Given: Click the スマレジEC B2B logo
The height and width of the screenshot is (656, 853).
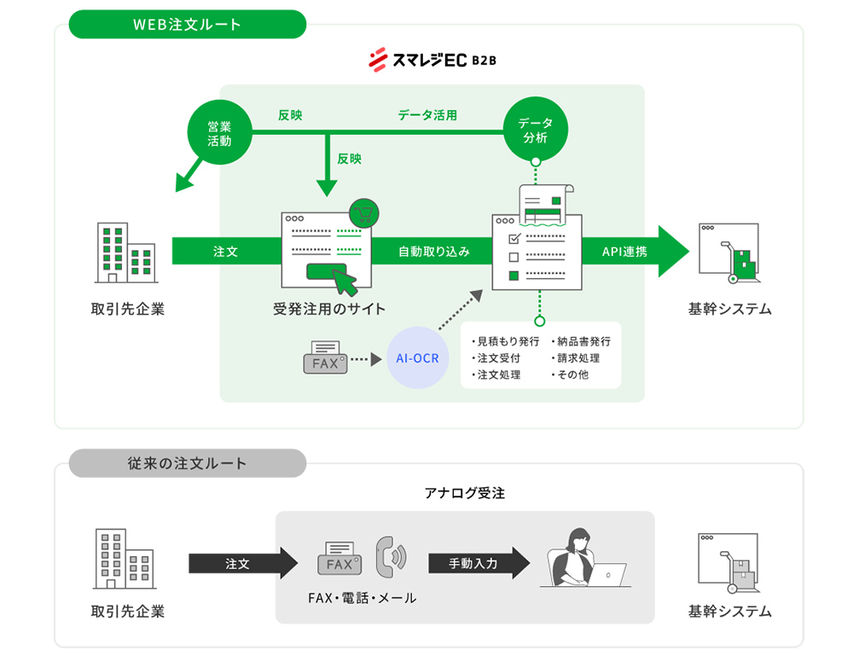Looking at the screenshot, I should tap(432, 61).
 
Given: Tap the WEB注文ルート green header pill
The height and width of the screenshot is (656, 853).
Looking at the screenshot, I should tap(188, 25).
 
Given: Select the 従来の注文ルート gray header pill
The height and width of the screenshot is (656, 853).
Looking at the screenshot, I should tap(188, 463).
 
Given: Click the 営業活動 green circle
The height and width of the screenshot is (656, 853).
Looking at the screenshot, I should tap(219, 134).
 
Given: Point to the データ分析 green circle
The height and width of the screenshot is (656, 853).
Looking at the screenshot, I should tap(535, 131).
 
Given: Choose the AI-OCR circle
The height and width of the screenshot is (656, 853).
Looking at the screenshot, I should tap(418, 358).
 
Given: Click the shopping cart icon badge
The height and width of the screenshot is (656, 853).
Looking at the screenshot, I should tap(364, 212).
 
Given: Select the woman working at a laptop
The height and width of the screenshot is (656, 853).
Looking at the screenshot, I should tap(582, 559).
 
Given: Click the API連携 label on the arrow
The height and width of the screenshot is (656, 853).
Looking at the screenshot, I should tap(624, 252).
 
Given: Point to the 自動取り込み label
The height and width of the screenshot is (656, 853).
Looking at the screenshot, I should tap(433, 252).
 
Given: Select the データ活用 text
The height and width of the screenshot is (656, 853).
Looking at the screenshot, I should tap(426, 115).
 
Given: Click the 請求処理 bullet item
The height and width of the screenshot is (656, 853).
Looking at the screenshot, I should tap(580, 358).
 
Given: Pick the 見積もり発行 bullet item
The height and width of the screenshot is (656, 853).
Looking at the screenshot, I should tap(507, 341).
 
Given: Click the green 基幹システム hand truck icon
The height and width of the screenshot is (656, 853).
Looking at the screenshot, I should tap(728, 253).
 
